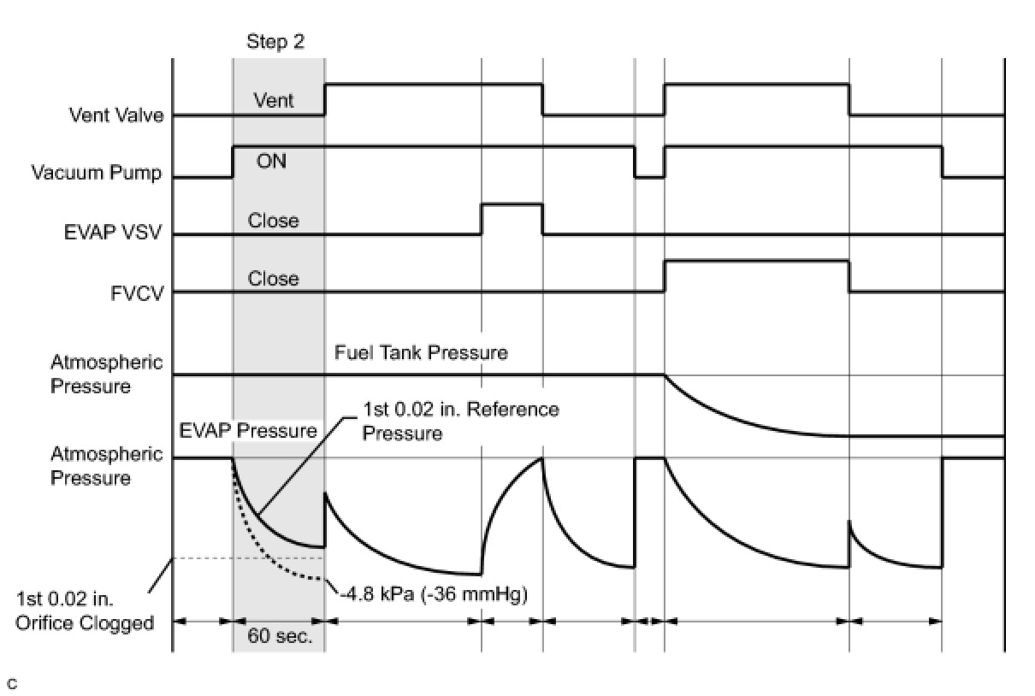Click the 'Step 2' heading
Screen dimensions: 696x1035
(x=275, y=42)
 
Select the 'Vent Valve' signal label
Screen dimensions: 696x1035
(x=116, y=115)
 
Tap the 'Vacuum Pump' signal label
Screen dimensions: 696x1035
(x=97, y=173)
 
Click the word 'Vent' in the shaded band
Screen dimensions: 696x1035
(x=274, y=101)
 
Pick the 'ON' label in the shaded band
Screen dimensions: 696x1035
(x=272, y=161)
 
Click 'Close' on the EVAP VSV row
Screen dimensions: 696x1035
(x=274, y=221)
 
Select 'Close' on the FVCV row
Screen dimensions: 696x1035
(x=274, y=279)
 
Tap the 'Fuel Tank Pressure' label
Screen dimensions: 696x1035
(x=421, y=352)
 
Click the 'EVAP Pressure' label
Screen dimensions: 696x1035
(x=248, y=431)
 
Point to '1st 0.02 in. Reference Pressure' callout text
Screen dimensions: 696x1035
(x=460, y=421)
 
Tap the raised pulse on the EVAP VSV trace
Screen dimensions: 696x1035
(x=512, y=205)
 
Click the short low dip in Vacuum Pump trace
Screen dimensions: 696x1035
(x=649, y=176)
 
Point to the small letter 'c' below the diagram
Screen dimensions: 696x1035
(x=11, y=683)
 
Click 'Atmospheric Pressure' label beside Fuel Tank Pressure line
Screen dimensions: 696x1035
(x=106, y=375)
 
